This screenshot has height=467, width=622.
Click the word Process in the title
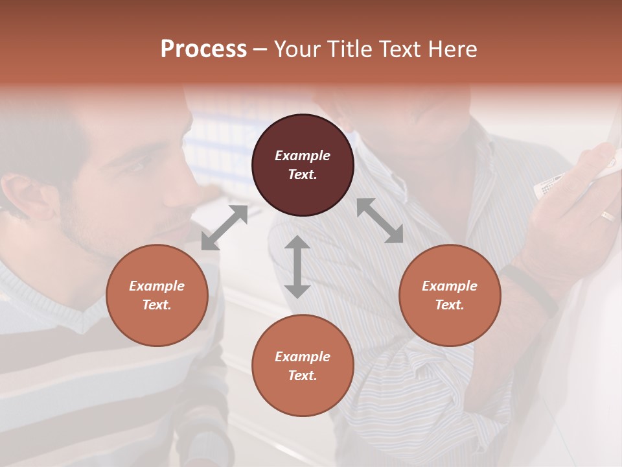(x=203, y=49)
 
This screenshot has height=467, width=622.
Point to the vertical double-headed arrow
(x=297, y=267)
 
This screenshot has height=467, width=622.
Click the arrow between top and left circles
(x=224, y=227)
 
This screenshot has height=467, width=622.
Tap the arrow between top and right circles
(x=380, y=221)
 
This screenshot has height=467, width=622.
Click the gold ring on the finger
(x=607, y=216)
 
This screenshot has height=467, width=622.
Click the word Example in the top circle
(x=303, y=156)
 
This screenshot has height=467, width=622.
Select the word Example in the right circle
(x=450, y=286)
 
